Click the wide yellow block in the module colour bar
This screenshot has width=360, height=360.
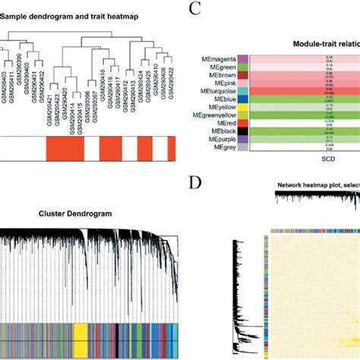click(x=80, y=336)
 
